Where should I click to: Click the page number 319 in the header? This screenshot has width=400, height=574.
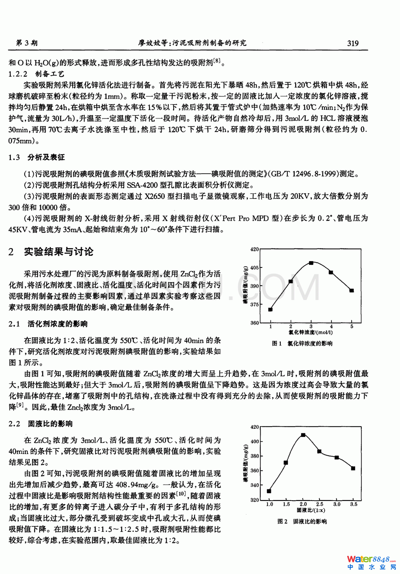(x=353, y=43)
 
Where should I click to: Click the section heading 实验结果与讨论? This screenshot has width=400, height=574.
(x=58, y=252)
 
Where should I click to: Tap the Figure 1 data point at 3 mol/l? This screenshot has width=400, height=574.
(x=311, y=263)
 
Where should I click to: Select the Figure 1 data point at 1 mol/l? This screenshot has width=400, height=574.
(x=271, y=309)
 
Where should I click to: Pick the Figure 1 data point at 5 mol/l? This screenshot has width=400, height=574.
(x=352, y=291)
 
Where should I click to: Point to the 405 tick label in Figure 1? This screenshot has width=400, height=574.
(x=254, y=268)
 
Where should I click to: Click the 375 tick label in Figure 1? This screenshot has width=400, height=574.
(x=254, y=305)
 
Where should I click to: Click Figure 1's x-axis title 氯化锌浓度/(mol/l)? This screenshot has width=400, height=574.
(x=311, y=332)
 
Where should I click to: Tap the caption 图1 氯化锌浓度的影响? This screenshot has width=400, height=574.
(x=302, y=343)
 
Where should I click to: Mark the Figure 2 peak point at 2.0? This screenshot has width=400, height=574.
(x=303, y=435)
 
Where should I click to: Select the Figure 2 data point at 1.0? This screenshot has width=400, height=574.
(x=269, y=491)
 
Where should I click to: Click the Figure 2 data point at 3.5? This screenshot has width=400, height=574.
(x=353, y=468)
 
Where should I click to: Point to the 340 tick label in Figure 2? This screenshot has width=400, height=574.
(x=254, y=485)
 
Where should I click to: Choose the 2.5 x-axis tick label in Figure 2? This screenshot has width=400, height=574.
(x=320, y=504)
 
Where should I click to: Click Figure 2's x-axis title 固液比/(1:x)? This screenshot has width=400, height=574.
(x=311, y=510)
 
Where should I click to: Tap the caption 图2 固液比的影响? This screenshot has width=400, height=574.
(x=302, y=522)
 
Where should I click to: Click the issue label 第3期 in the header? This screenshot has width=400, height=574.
(x=26, y=43)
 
